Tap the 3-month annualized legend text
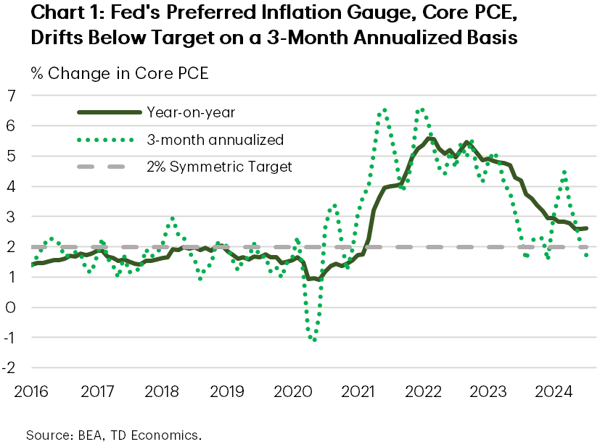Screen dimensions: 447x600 [204, 139]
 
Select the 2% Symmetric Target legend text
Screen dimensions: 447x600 [219, 167]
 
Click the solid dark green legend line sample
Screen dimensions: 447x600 [108, 112]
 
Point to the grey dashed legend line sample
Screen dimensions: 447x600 [108, 167]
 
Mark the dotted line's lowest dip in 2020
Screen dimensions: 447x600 [314, 339]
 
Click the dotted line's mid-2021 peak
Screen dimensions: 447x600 [384, 110]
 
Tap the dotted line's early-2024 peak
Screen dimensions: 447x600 [564, 172]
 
